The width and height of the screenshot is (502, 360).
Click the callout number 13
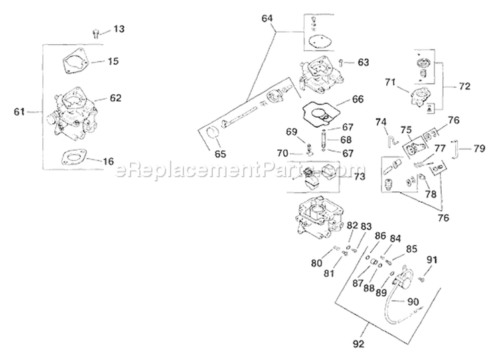(118, 29)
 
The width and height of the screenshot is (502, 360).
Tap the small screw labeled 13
(96, 32)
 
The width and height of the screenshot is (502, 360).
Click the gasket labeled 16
(73, 159)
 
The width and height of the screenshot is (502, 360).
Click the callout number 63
(363, 62)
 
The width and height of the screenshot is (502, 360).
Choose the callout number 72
(464, 87)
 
